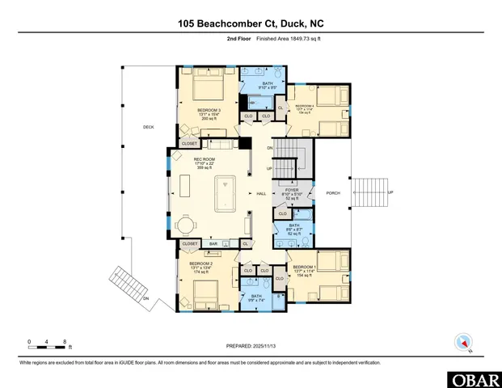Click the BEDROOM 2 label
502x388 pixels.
click(x=200, y=264)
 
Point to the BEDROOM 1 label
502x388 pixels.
click(x=304, y=267)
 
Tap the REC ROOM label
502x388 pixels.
click(x=204, y=160)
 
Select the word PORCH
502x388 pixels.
click(x=332, y=193)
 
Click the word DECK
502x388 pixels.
click(x=148, y=127)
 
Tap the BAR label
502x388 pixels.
click(x=214, y=243)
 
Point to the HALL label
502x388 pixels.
click(x=261, y=194)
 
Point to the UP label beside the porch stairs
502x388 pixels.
click(x=391, y=192)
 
